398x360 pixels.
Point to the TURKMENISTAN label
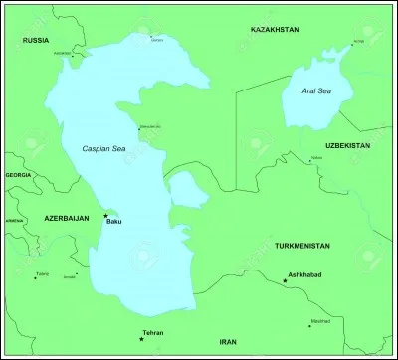(304, 244)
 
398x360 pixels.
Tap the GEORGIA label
(18, 175)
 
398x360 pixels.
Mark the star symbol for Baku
(105, 214)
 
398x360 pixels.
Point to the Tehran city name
(153, 333)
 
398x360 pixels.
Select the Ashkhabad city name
(306, 271)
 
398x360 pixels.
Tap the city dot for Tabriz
(35, 277)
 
